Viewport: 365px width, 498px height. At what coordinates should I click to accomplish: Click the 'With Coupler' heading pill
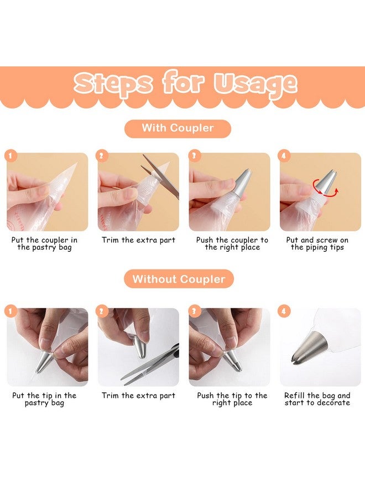178,128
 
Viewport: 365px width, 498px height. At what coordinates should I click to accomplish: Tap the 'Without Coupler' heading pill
179,279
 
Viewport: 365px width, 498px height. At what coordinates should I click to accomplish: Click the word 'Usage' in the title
255,84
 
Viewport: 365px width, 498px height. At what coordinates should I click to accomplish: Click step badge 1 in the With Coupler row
11,155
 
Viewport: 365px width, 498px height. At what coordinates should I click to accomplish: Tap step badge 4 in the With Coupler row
284,155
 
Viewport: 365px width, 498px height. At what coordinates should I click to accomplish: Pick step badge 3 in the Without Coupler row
195,311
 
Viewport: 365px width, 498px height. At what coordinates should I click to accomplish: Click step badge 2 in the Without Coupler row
102,311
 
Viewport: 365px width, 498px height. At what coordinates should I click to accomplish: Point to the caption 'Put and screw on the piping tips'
317,243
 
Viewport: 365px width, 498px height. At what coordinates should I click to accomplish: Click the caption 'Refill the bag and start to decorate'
317,399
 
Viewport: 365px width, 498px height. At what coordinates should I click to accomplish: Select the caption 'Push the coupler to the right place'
232,243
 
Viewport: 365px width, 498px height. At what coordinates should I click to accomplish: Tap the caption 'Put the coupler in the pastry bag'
44,243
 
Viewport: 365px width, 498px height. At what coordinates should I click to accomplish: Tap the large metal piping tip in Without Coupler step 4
310,349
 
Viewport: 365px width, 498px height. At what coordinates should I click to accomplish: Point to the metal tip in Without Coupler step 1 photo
44,361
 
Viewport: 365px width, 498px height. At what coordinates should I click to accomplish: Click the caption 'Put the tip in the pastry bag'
44,399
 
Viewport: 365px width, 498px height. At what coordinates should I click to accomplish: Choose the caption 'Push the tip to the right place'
232,399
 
